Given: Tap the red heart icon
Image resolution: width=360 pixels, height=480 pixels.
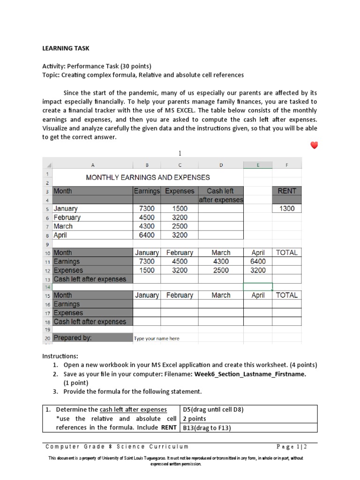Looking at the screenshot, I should coord(314,145).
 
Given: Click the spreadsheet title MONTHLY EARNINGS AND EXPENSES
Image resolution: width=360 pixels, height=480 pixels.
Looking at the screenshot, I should coord(148,177).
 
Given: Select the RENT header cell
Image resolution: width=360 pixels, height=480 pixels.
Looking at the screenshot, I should coord(286,191).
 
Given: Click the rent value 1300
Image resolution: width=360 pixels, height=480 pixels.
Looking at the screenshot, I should coord(286,209).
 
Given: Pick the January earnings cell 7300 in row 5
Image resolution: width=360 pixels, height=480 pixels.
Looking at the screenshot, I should coord(147,209).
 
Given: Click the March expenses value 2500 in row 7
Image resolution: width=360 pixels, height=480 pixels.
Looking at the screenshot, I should coord(179,226).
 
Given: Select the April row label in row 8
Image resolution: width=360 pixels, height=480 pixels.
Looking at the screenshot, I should coord(61,235).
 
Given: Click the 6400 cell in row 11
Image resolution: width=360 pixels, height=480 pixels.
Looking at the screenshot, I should coord(257,262).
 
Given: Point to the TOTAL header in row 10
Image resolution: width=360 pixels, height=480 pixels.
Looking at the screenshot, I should coord(286,253).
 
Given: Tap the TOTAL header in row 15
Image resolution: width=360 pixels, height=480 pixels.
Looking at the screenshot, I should coord(286,295).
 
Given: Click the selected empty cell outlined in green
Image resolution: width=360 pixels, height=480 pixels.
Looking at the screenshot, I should coord(257,286).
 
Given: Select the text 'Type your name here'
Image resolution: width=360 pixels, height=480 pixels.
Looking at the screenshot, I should coord(157,338).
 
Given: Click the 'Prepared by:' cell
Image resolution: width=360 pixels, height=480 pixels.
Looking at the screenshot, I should coord(73,337).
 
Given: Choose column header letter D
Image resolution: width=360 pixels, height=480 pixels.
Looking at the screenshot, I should coord(220,165).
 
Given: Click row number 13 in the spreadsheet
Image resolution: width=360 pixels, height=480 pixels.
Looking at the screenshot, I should coord(47,279).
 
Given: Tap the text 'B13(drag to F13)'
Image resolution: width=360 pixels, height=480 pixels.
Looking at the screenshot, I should coord(207,427).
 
